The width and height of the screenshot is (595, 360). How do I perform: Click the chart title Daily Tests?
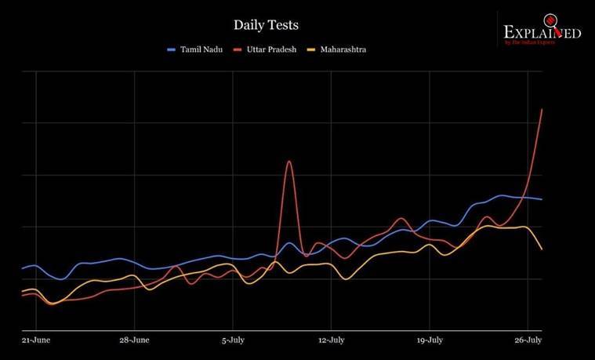click(266, 26)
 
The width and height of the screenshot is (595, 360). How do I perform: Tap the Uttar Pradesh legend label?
click(270, 49)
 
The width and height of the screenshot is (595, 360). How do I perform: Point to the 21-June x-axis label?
click(36, 341)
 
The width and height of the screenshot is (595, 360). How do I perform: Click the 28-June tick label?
click(134, 341)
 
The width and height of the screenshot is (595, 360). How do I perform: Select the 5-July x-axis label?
click(234, 341)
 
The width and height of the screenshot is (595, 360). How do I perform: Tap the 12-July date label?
click(332, 341)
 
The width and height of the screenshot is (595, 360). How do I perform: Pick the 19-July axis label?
click(430, 341)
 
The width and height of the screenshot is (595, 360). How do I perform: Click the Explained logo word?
click(542, 33)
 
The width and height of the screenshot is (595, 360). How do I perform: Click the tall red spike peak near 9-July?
click(289, 162)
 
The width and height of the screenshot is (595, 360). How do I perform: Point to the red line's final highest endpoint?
click(542, 109)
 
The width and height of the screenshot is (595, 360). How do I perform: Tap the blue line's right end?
click(542, 199)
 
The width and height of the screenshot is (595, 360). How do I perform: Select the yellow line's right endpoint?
click(542, 249)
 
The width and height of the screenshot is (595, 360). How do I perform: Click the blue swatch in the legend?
click(172, 49)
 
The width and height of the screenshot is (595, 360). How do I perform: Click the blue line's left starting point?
click(23, 268)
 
